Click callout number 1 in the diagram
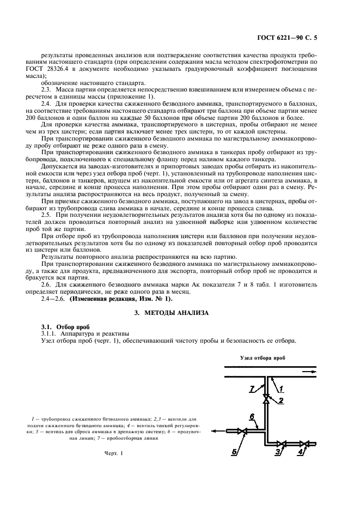pos(282,388)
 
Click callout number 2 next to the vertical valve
pos(282,402)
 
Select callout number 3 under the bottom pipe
pos(277,452)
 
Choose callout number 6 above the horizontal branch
pos(252,417)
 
